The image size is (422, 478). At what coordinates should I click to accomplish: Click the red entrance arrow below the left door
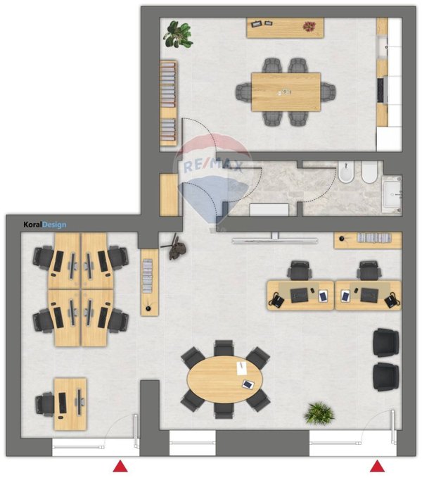120,466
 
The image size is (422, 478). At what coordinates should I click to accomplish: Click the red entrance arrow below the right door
377,466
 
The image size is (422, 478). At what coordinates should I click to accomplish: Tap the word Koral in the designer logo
32,225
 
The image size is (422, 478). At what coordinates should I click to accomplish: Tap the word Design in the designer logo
54,225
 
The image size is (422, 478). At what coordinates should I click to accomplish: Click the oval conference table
224,379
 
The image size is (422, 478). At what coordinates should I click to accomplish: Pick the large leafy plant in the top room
178,34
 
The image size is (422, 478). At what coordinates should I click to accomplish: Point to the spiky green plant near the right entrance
319,413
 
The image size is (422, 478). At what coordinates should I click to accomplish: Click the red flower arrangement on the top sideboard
309,26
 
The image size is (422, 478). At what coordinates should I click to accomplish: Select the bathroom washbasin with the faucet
392,194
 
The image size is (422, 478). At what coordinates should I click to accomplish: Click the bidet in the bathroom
346,172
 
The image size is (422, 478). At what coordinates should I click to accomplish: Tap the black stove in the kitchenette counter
381,91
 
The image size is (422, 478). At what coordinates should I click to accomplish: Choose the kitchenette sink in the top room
382,47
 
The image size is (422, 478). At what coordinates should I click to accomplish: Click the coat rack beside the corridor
174,247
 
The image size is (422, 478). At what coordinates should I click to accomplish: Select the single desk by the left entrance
70,404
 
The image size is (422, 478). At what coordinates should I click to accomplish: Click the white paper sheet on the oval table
242,368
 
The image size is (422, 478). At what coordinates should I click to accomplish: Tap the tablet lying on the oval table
248,384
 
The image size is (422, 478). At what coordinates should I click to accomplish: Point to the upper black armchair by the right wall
385,343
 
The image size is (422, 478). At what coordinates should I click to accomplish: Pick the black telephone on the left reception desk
276,301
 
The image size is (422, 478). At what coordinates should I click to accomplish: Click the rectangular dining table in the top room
286,92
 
